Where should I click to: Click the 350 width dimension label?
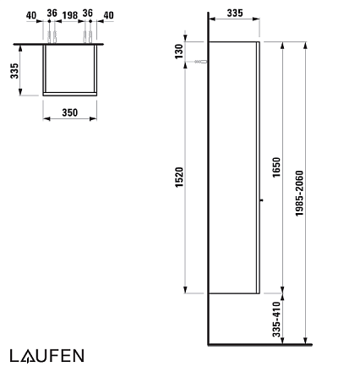coord(69,112)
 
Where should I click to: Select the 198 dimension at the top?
coord(70,15)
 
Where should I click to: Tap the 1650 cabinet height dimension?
coord(276,167)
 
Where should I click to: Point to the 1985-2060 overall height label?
coord(299,194)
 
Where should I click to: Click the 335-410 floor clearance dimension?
coord(276,320)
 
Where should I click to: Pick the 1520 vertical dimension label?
coord(179,178)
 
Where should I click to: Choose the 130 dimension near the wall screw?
coord(179,51)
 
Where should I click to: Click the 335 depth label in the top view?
coord(14,71)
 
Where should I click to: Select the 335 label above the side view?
coord(235,13)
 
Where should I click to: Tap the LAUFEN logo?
coord(47,356)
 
